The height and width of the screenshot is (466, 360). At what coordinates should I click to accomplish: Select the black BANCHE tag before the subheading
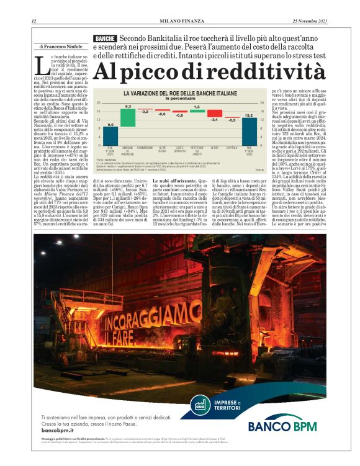[105, 38]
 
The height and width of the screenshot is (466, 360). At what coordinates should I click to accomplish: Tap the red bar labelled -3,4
[214, 114]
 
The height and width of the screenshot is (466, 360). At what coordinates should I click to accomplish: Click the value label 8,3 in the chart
[128, 107]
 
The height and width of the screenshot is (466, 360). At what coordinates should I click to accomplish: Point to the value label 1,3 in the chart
[197, 107]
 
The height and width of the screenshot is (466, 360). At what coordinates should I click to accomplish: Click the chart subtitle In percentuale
[180, 99]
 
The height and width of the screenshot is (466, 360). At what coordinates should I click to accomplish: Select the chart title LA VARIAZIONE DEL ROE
[180, 93]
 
